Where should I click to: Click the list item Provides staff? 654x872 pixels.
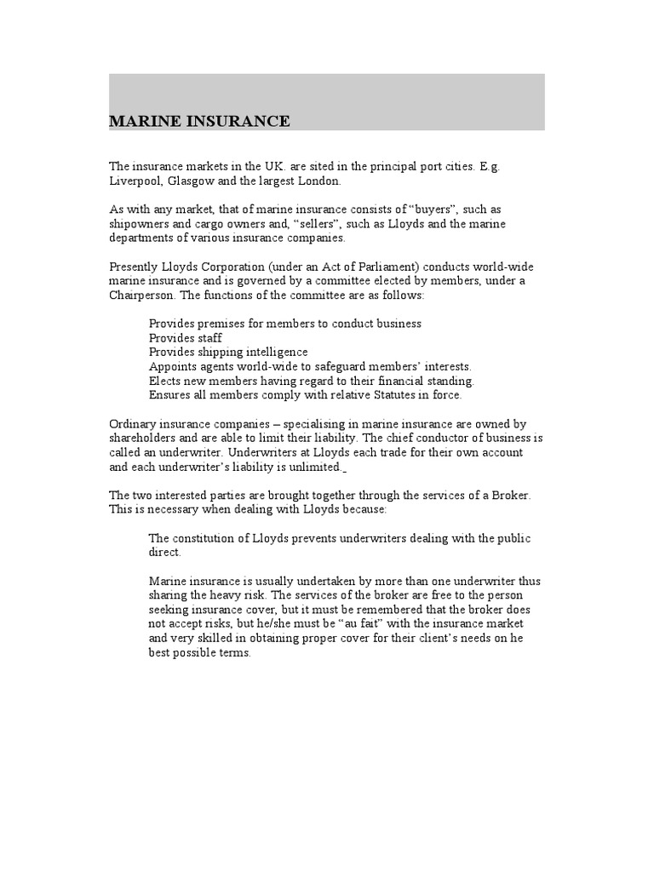pos(186,338)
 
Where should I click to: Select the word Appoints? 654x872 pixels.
pos(173,366)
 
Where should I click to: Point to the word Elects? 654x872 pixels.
pos(165,381)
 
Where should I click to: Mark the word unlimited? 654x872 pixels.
pos(313,468)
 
